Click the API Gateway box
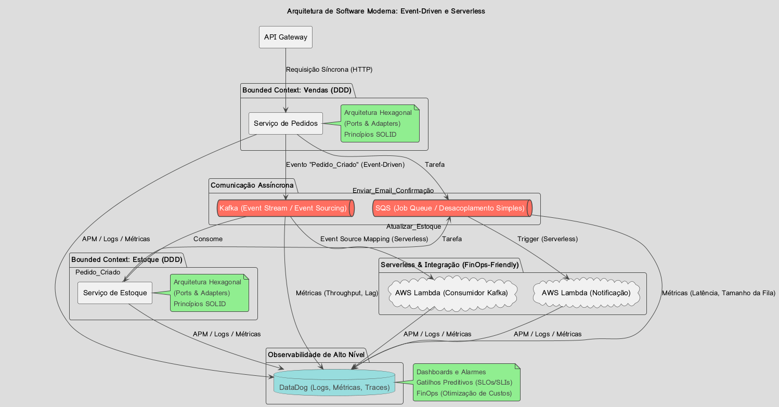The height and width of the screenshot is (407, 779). [285, 37]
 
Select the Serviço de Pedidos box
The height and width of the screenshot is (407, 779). [285, 124]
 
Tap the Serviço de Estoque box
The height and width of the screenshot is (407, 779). [115, 293]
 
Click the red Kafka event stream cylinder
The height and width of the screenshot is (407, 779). [285, 208]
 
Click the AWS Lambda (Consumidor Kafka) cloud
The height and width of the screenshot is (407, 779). [451, 293]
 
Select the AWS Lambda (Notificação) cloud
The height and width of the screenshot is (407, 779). [586, 293]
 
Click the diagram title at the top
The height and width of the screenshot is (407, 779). [386, 11]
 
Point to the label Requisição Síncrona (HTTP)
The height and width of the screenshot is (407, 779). [329, 69]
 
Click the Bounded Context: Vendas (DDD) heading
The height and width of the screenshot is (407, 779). [296, 90]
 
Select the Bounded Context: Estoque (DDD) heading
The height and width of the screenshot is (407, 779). [126, 259]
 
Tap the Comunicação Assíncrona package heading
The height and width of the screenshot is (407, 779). [252, 186]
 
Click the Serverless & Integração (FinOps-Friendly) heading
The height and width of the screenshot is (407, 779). [450, 265]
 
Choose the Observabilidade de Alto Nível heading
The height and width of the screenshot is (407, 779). [316, 355]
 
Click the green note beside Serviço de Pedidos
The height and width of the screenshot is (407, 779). [380, 124]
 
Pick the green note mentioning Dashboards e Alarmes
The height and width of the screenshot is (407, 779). [466, 383]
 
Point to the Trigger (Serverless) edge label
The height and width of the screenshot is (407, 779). [547, 239]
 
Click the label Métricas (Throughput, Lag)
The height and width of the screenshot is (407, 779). [336, 293]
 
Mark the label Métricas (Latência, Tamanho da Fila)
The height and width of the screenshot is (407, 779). [719, 293]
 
